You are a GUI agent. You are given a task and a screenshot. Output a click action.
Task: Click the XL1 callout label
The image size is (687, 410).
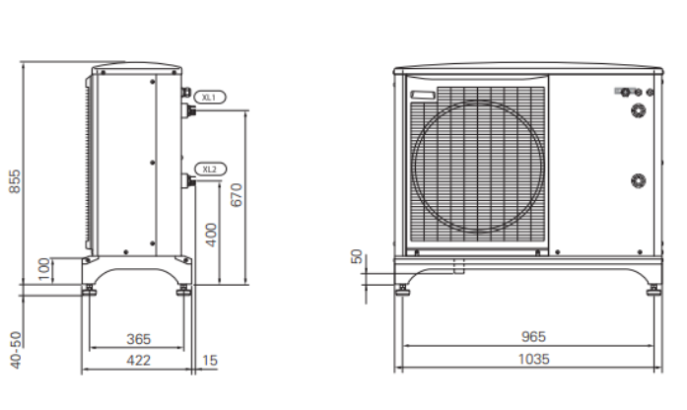pos(209,98)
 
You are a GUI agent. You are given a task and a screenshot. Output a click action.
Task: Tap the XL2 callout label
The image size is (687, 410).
pos(209,169)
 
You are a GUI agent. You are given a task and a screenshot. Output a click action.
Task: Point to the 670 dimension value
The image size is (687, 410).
pos(236,195)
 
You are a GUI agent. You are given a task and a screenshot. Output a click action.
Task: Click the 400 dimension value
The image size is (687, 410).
pos(211,235)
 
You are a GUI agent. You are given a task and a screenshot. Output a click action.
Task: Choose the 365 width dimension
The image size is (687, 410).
pos(138,340)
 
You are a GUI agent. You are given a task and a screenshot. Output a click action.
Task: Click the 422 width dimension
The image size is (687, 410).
pos(138,361)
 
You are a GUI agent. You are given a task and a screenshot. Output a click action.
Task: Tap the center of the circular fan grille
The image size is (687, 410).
pos(478,166)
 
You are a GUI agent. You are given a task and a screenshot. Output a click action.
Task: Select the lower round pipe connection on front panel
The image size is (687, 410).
pos(640,180)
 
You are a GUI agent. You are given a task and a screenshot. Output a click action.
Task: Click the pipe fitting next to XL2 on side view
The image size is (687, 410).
pos(188,181)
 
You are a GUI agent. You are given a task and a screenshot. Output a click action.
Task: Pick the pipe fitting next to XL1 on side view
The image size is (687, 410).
pos(188,109)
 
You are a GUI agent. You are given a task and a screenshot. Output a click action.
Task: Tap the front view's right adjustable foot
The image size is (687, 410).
pos(653,289)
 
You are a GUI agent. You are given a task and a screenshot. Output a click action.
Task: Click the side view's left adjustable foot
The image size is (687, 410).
pos(90,290)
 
